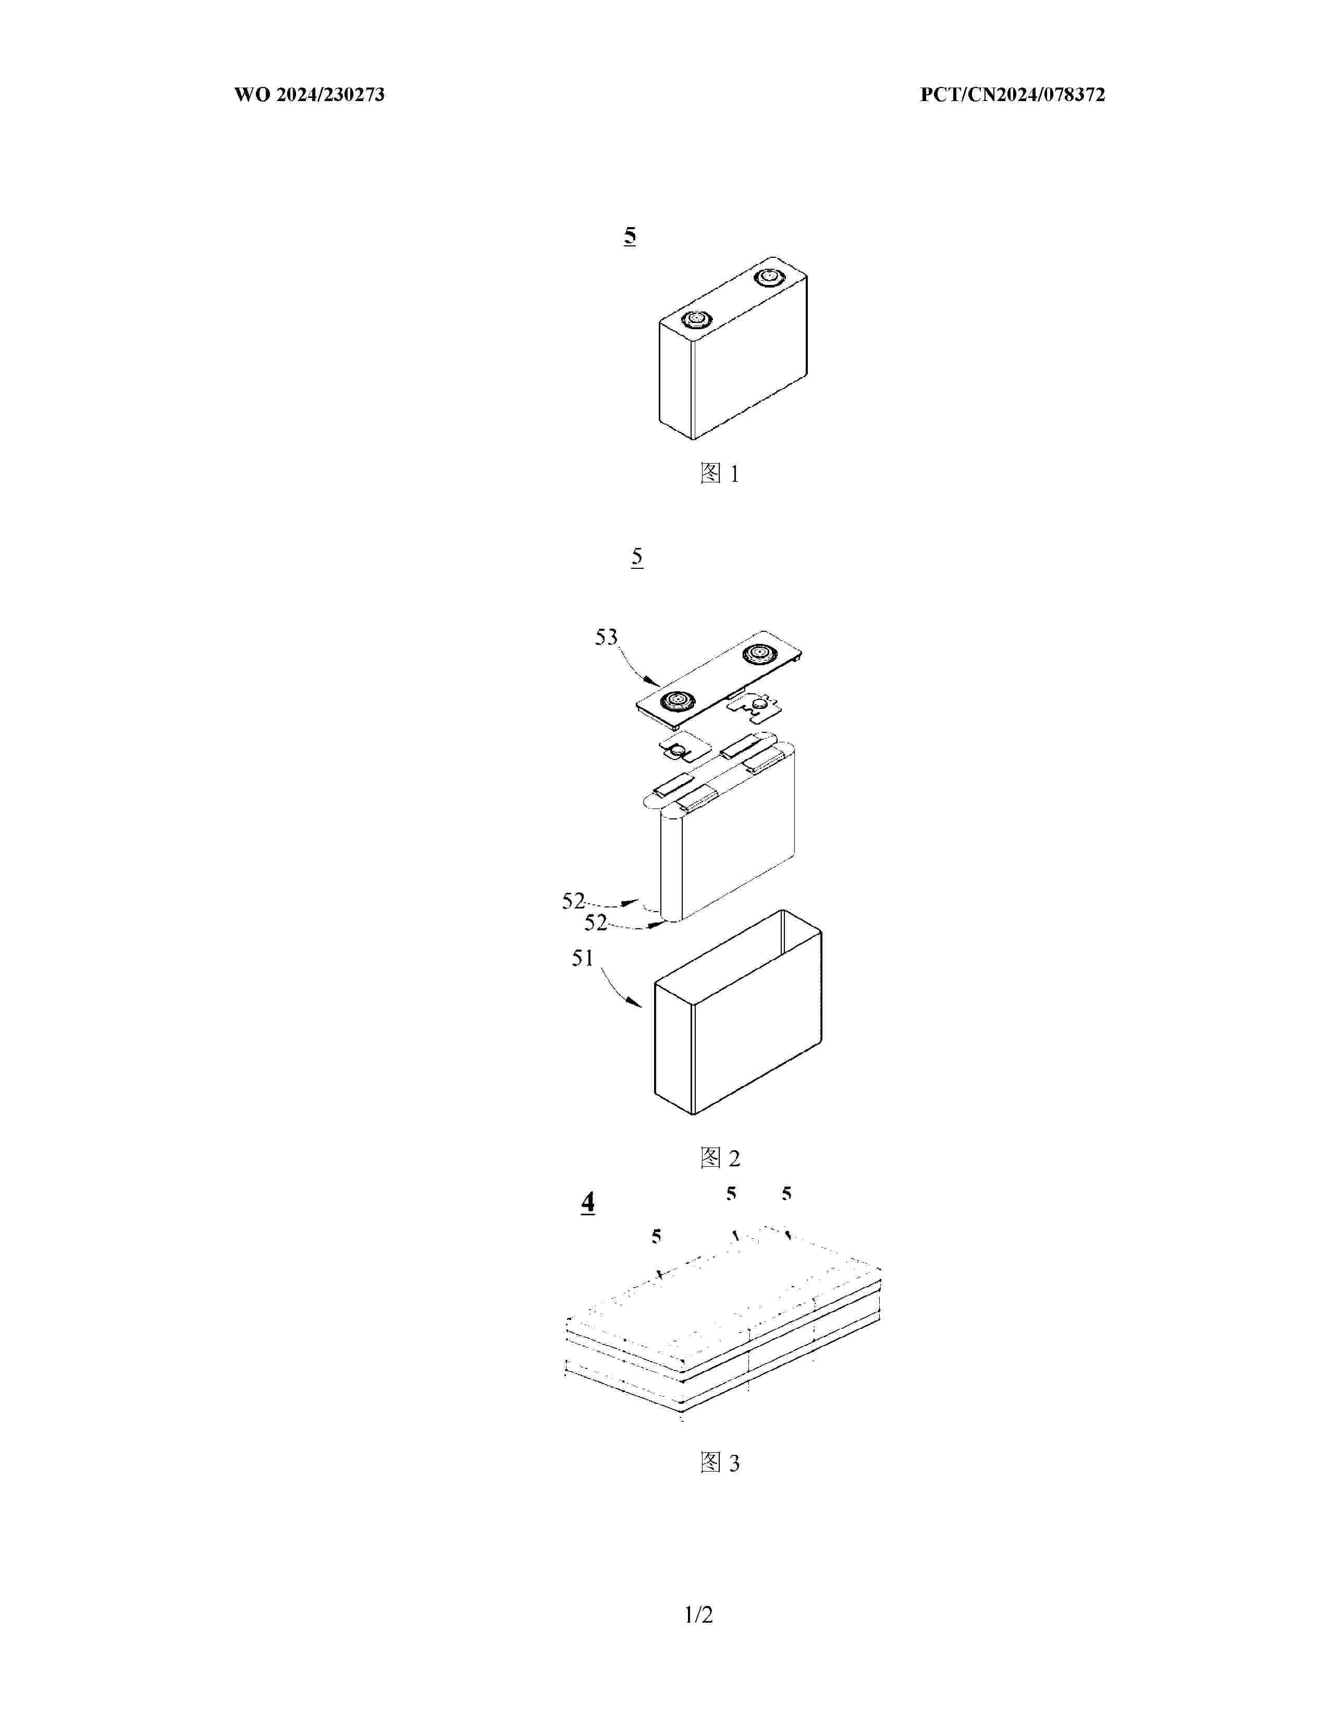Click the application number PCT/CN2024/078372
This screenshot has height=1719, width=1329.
1013,95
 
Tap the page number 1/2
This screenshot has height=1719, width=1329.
698,1615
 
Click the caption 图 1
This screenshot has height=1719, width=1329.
720,474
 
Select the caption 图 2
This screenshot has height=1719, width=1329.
720,1158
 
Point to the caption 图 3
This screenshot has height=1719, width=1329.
720,1463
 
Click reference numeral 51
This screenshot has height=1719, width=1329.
583,958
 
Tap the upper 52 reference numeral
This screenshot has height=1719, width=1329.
573,901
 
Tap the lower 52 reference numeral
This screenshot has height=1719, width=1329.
596,923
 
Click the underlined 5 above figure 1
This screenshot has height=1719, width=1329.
630,235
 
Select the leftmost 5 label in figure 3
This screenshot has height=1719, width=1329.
656,1237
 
